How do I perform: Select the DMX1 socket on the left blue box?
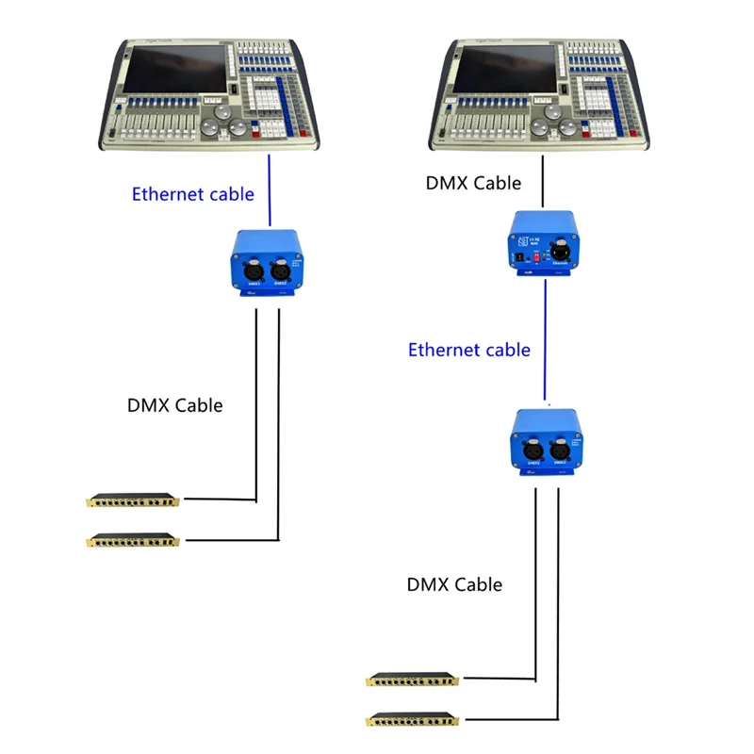pyautogui.click(x=254, y=270)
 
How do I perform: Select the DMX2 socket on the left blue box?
pyautogui.click(x=280, y=270)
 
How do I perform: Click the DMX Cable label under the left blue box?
pyautogui.click(x=175, y=405)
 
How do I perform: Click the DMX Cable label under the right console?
pyautogui.click(x=473, y=183)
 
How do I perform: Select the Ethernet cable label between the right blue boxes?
pyautogui.click(x=468, y=350)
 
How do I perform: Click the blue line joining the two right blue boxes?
pyautogui.click(x=546, y=339)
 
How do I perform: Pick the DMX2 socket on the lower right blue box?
pyautogui.click(x=561, y=451)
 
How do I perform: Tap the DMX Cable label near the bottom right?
pyautogui.click(x=454, y=584)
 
